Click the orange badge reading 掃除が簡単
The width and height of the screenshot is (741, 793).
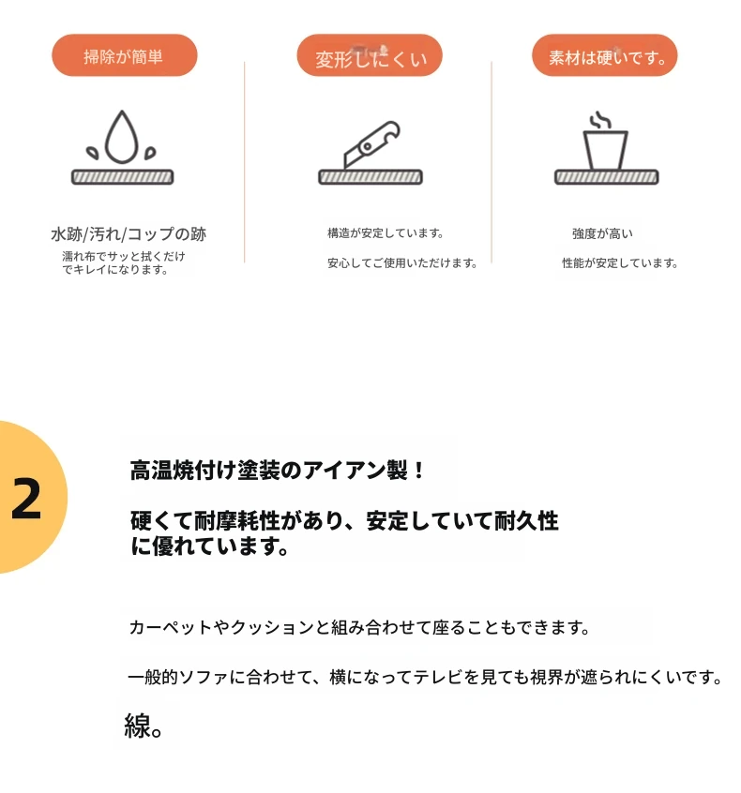[x=124, y=55]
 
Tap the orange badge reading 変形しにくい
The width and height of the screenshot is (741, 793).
[x=370, y=55]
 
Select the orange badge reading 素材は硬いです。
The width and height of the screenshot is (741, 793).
[x=604, y=55]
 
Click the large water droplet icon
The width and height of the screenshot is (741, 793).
[x=122, y=137]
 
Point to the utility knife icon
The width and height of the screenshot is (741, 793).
[x=371, y=144]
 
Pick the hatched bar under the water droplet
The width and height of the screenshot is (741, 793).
[x=123, y=177]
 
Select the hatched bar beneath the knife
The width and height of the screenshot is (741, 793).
[x=370, y=177]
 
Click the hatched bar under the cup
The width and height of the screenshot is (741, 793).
[x=606, y=177]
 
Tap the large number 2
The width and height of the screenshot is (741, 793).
[x=26, y=499]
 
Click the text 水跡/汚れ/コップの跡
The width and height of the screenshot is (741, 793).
[x=129, y=234]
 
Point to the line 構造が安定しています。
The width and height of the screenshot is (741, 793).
[x=386, y=233]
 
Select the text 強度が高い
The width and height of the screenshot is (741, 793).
[x=602, y=233]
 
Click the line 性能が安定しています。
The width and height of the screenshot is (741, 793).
[x=620, y=263]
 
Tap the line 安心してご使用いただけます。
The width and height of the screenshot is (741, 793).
[x=402, y=263]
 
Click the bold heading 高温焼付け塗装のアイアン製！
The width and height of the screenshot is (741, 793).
[x=278, y=471]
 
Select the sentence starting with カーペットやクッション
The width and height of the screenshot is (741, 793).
[x=359, y=628]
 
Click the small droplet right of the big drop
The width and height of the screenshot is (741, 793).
[x=150, y=153]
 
